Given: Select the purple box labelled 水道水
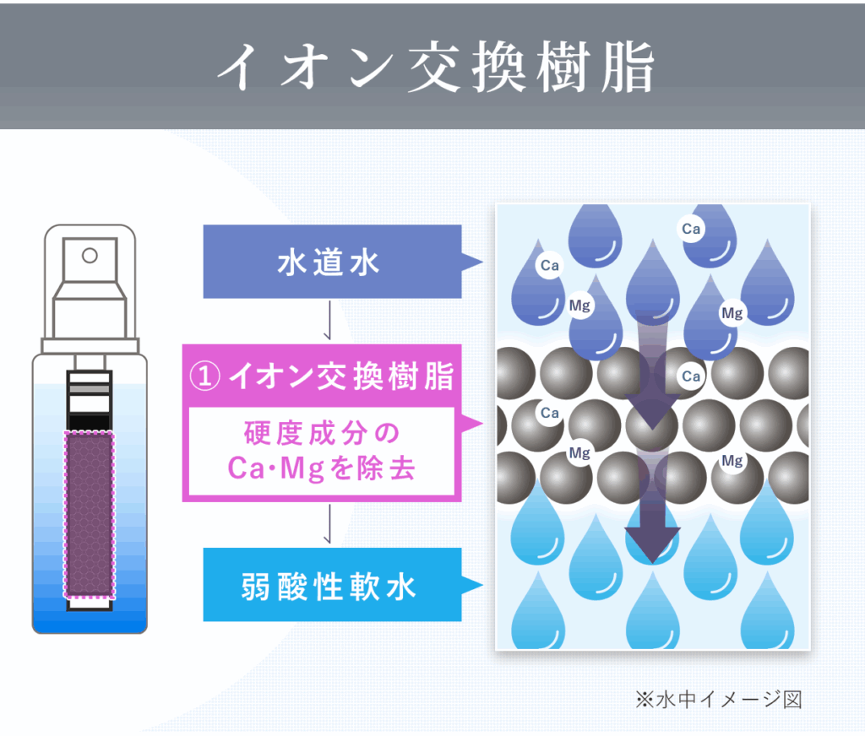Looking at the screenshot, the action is tap(332, 262).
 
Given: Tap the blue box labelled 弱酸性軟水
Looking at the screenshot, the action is tap(332, 584).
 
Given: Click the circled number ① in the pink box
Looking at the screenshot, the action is tap(204, 376).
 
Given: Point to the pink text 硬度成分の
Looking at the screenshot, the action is tap(322, 433).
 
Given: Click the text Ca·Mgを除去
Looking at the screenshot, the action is tap(321, 468).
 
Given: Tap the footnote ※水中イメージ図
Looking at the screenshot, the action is tap(718, 700).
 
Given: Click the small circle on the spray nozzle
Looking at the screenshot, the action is tap(90, 256).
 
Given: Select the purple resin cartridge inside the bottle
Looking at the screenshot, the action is tap(90, 514).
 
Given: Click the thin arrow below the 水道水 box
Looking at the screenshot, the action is tap(329, 320).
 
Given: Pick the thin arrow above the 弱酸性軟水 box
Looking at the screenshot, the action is tap(329, 524).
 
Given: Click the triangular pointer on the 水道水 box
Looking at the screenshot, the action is tap(472, 262).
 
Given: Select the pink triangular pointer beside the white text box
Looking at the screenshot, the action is tap(472, 424).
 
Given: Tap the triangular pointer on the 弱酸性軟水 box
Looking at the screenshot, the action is tap(472, 585).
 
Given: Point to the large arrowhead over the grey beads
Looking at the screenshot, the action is tap(652, 411).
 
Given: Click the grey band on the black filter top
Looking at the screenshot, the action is tap(90, 389).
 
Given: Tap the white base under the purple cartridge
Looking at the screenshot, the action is tap(90, 605).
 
